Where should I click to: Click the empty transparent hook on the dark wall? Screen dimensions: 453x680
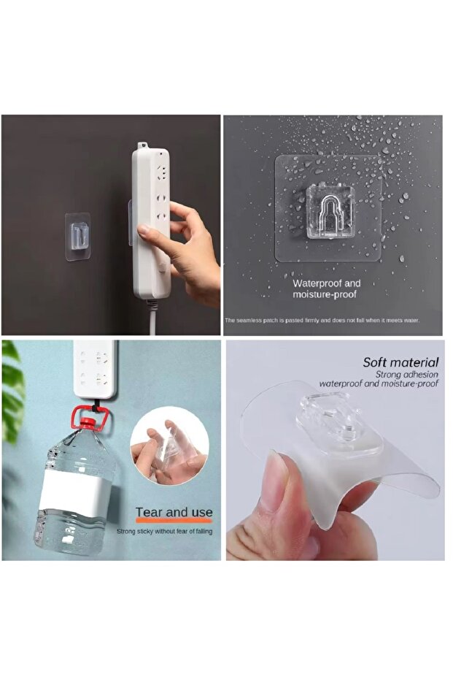coord(78,237)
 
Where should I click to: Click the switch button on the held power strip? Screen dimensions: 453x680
coord(163,264)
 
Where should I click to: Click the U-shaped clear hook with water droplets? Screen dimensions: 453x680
coord(330,212)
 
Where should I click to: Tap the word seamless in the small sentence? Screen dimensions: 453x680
coord(248,321)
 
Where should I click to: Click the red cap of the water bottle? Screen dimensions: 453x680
coord(90,421)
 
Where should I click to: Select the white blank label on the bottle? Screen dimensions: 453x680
coord(74,490)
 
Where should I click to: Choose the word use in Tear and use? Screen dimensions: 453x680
coord(201,512)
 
